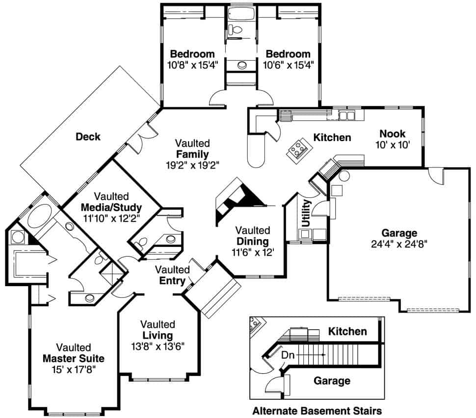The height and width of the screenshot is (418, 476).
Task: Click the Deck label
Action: [x=88, y=137]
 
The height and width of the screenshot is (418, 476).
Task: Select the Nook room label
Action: [x=392, y=134]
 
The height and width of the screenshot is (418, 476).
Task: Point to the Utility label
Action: [x=307, y=212]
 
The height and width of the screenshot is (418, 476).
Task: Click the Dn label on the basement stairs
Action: [x=288, y=354]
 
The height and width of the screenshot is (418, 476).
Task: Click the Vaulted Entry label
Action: [x=173, y=275]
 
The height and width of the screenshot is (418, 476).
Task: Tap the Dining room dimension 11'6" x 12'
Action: [x=253, y=252]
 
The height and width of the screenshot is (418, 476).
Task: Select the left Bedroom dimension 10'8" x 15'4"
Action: [x=192, y=65]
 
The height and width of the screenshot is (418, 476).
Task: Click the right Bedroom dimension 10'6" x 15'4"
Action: [x=288, y=65]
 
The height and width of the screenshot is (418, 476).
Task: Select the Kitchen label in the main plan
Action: [x=332, y=138]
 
